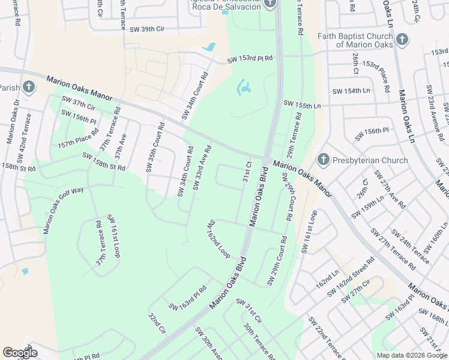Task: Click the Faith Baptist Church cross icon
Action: point(402,40)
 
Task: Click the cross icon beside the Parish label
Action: point(29,88)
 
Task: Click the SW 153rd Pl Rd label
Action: point(250,59)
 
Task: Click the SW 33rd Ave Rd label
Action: point(202,167)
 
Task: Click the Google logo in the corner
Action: point(20,353)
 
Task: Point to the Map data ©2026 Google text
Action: point(412,355)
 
